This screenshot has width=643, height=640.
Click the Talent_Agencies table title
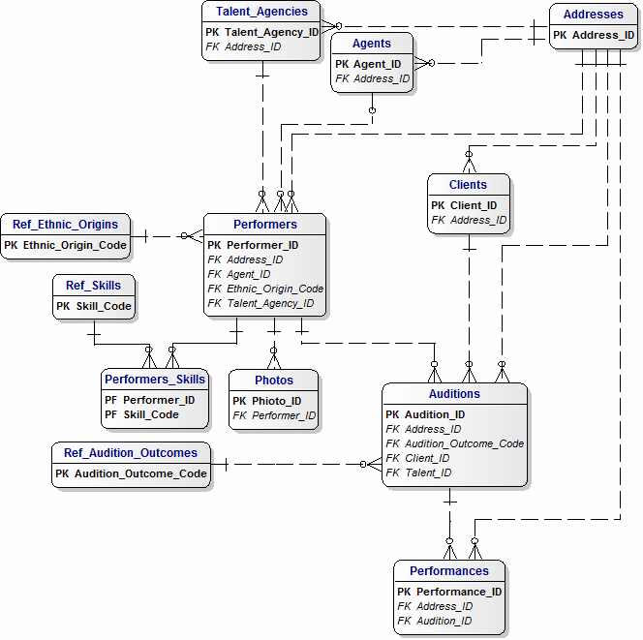click(x=261, y=12)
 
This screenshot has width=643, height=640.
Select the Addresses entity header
click(x=593, y=15)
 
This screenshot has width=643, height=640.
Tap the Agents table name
click(x=372, y=44)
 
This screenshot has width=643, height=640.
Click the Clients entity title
click(x=468, y=184)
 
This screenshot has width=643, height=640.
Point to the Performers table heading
click(x=264, y=225)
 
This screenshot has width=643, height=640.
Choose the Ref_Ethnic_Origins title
click(x=65, y=225)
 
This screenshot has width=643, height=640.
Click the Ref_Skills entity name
click(x=93, y=285)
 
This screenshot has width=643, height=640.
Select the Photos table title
click(x=273, y=380)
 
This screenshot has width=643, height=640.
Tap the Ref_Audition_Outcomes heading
click(x=130, y=452)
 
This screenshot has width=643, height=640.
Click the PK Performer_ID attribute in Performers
click(x=253, y=245)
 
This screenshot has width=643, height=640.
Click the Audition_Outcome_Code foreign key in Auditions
click(x=454, y=443)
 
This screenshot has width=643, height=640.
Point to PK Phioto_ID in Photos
click(x=266, y=401)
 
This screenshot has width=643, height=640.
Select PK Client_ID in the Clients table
click(x=464, y=205)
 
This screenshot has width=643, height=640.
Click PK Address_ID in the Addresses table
click(x=594, y=35)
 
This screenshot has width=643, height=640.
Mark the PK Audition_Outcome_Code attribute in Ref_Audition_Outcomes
click(x=131, y=473)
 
